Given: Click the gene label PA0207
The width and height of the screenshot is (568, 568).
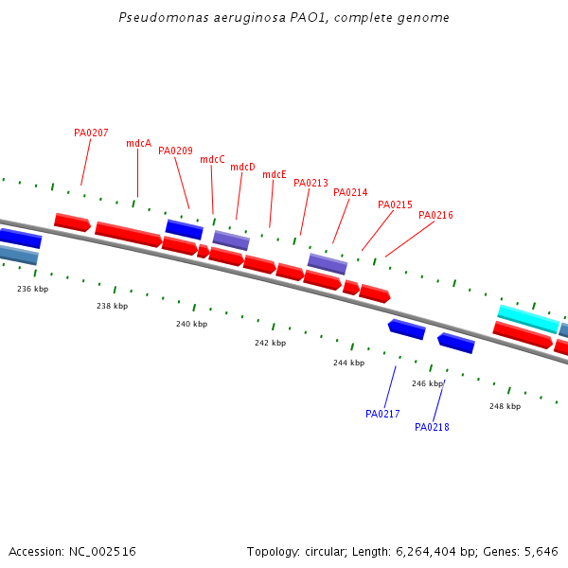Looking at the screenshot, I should click(91, 133).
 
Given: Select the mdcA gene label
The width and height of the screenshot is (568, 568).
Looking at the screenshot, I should click(138, 144).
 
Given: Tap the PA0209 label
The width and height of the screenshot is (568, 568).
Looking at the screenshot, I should click(175, 151).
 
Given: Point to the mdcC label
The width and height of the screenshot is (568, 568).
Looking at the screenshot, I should click(212, 160).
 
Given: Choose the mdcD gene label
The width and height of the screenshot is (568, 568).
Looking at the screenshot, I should click(242, 168).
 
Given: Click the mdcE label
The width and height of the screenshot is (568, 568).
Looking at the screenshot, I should click(275, 175).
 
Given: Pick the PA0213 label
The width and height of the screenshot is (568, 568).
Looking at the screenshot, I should click(311, 184).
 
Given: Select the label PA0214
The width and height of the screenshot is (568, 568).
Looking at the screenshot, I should click(350, 193).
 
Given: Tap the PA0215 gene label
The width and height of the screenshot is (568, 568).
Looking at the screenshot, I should click(395, 205).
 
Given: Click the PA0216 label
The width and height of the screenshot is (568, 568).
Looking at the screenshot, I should click(435, 216).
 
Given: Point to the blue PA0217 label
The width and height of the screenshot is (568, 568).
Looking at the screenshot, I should click(382, 414).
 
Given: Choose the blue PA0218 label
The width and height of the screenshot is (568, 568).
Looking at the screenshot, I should click(432, 428).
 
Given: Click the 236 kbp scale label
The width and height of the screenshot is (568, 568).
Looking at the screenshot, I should click(32, 289).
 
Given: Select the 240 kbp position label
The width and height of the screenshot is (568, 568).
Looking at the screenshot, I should click(191, 325).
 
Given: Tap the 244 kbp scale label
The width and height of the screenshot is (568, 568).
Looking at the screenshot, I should click(348, 364).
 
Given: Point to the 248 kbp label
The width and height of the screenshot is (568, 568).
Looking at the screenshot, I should click(505, 406).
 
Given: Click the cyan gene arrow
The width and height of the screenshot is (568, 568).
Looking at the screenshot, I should click(528, 318).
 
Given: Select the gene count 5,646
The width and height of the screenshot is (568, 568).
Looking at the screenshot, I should click(540, 551).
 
